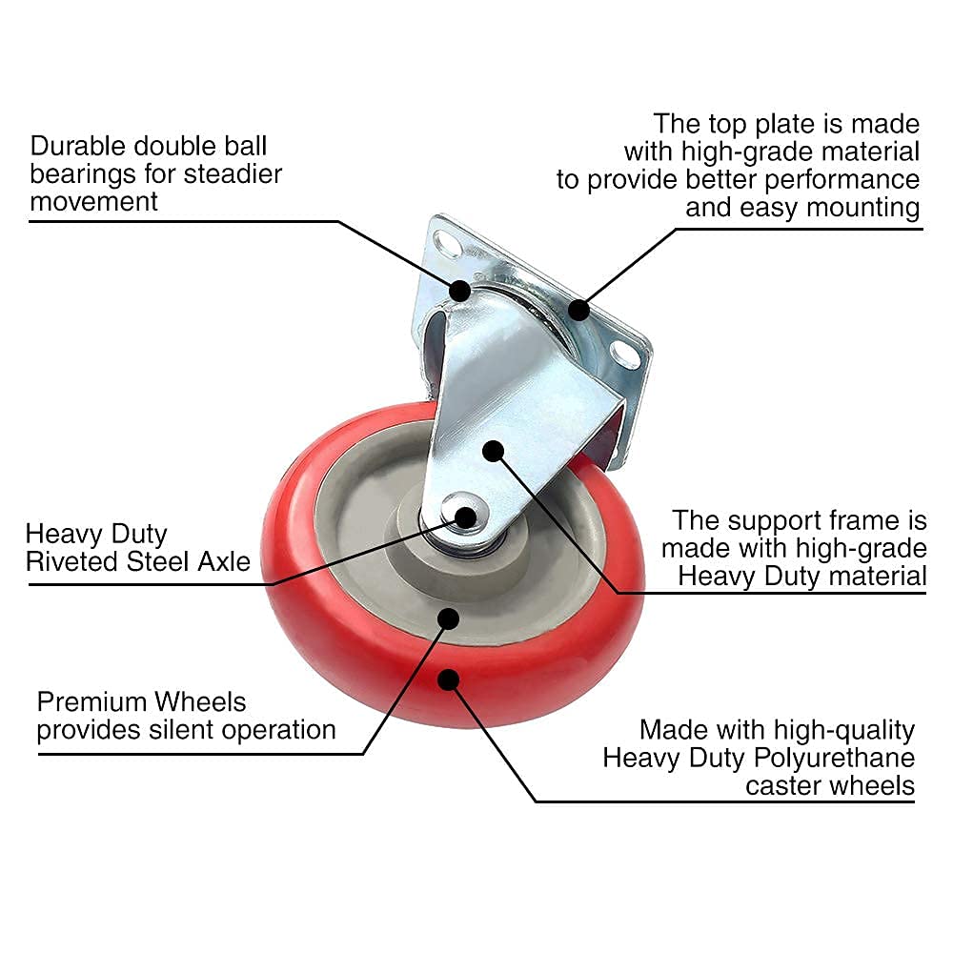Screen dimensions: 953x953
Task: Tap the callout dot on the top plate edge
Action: (578, 308)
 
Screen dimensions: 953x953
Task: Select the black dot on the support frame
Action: (493, 451)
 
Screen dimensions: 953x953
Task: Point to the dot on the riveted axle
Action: (466, 517)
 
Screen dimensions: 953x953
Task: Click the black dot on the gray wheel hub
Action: (448, 618)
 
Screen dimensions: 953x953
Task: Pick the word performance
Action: (839, 179)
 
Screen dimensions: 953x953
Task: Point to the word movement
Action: (93, 201)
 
